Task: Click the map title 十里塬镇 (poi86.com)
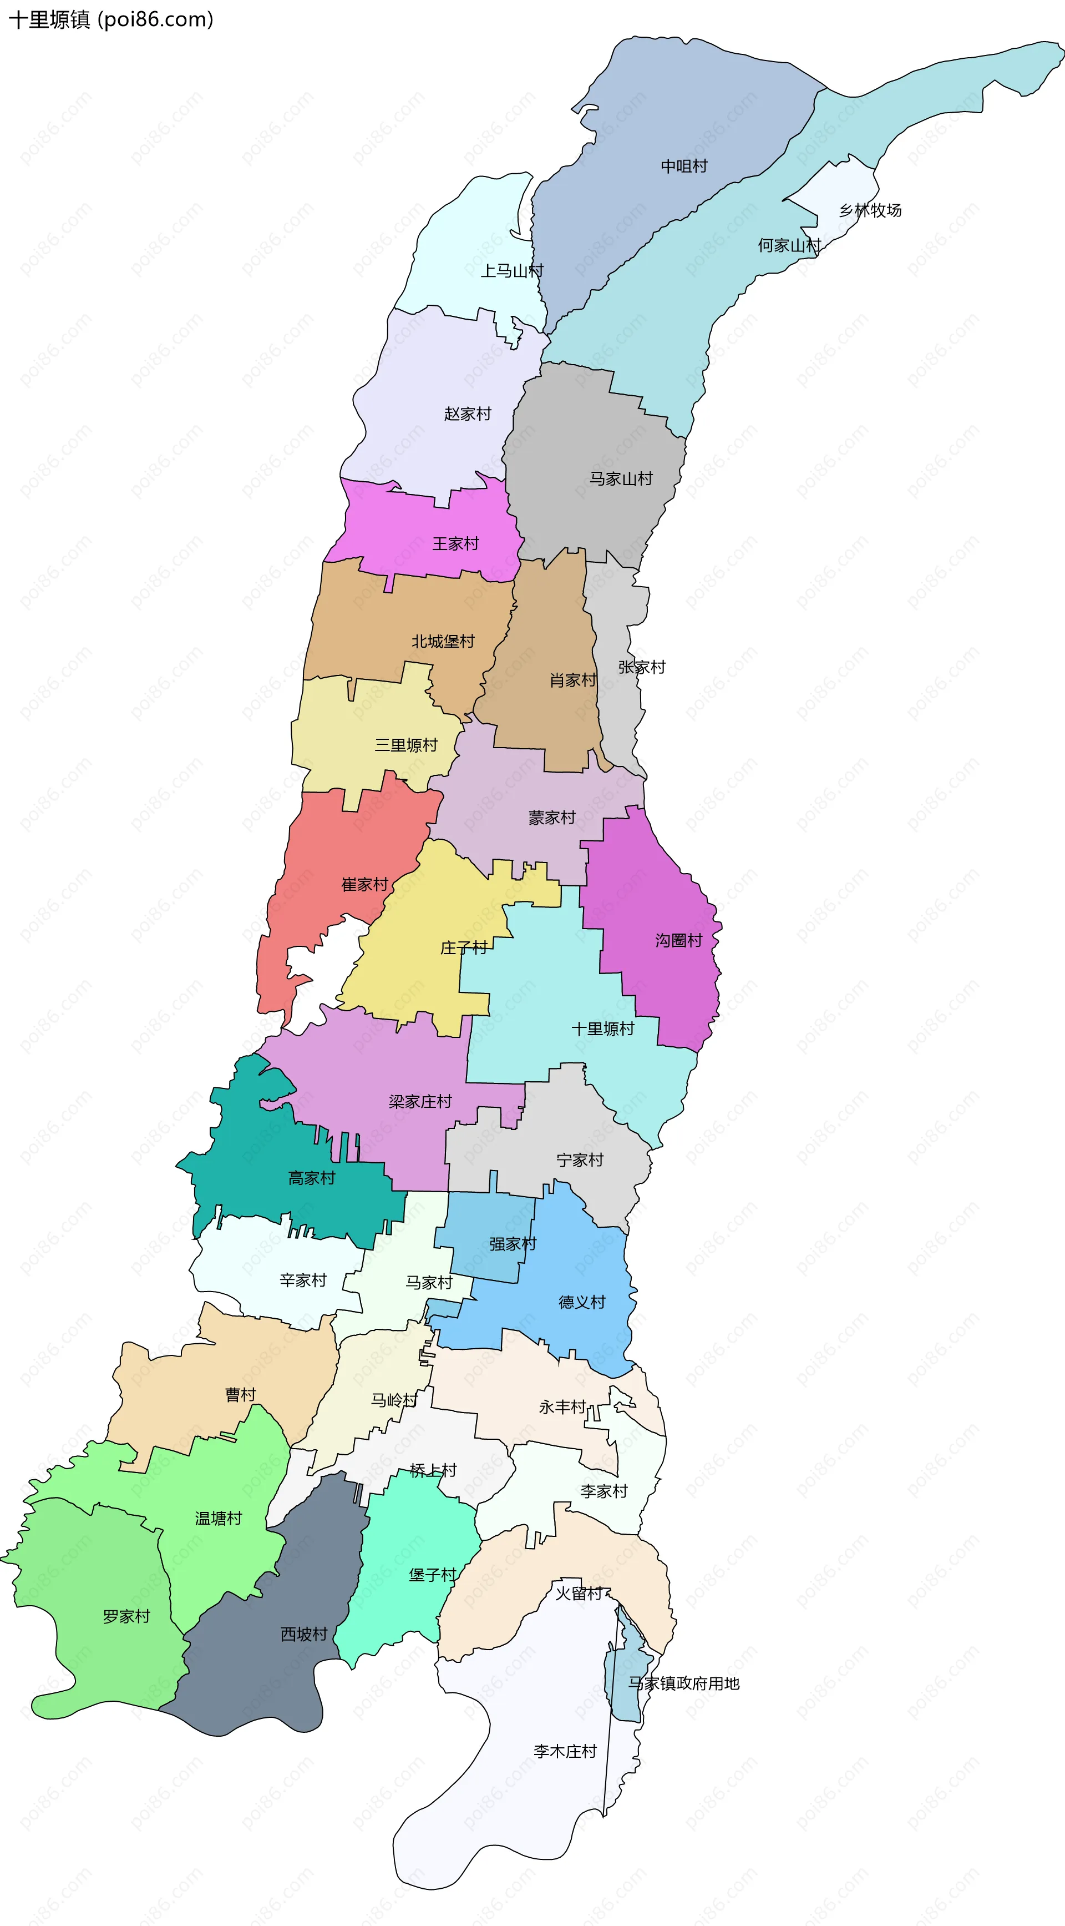[110, 19]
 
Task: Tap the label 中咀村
[684, 166]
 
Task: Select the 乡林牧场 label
[870, 210]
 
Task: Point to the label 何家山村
[789, 245]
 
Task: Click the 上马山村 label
[512, 271]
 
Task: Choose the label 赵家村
[468, 414]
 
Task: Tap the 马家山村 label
[621, 478]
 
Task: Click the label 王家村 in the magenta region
[456, 543]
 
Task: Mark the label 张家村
[642, 667]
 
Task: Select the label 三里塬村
[406, 745]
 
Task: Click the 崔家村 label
[365, 885]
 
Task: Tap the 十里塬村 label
[603, 1029]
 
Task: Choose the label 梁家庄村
[420, 1101]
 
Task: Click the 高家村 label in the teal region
[312, 1178]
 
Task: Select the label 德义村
[581, 1303]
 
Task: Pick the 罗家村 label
[126, 1616]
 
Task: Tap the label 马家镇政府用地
[684, 1683]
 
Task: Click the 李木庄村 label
[565, 1751]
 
